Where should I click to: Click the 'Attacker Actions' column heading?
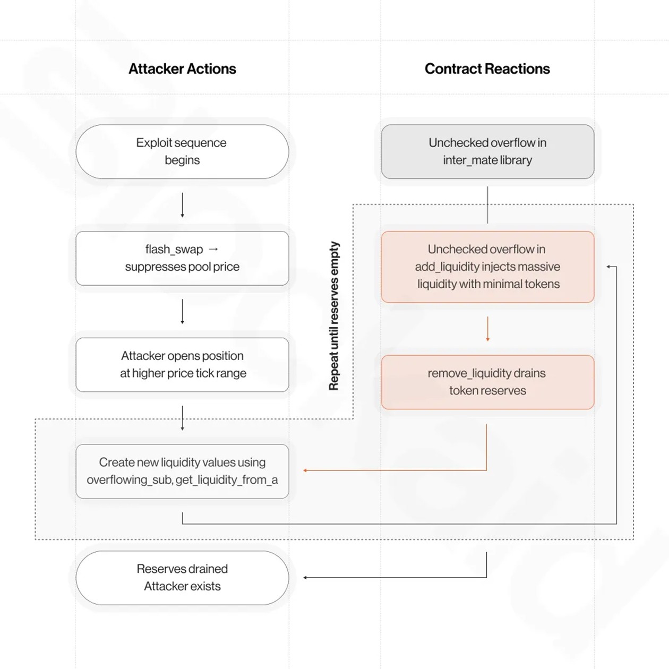[182, 68]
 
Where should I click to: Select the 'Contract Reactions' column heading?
[487, 68]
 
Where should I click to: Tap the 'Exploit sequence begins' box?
[182, 152]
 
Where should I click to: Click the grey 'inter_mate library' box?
[487, 152]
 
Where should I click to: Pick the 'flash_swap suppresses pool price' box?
[182, 258]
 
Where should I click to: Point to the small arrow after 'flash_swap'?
[213, 249]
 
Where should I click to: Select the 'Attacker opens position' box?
[182, 365]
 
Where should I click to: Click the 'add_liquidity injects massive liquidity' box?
[487, 267]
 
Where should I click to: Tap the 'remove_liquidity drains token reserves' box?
[487, 382]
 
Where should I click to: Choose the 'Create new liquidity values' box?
[182, 471]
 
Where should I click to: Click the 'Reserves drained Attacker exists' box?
[182, 578]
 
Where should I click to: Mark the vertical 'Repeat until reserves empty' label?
[334, 316]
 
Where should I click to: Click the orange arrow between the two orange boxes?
[487, 329]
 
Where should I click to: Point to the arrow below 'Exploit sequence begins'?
[182, 205]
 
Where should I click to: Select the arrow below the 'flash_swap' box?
[182, 312]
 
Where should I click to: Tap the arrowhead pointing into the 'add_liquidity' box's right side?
[608, 267]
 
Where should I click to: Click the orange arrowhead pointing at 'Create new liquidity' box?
[305, 470]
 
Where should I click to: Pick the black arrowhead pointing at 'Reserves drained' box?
[305, 578]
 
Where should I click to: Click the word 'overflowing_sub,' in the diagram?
[130, 480]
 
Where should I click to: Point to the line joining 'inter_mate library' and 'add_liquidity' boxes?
[487, 205]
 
